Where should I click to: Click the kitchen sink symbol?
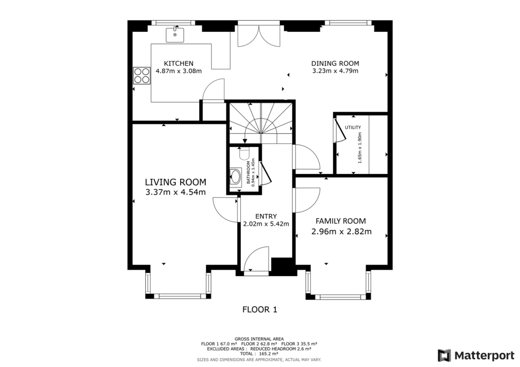[x=175, y=34]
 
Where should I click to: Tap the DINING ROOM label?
[x=335, y=63]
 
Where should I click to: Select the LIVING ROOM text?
[x=175, y=182]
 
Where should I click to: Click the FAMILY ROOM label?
[x=341, y=221]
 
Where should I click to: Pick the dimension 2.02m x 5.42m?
[x=266, y=224]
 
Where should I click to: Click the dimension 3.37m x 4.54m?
[x=175, y=192]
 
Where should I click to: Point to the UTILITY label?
[x=353, y=127]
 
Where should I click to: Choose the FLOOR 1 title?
[x=259, y=309]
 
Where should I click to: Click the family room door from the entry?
[x=307, y=200]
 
